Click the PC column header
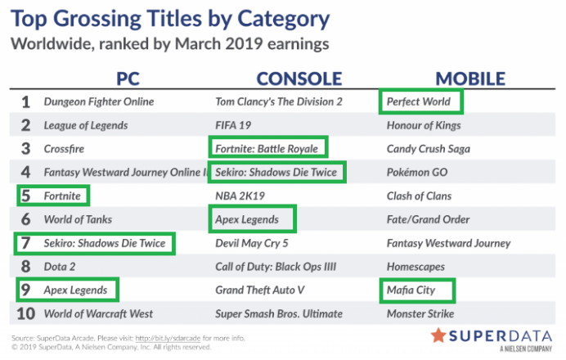(x=128, y=79)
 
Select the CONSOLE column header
(x=299, y=79)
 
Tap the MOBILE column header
(x=470, y=79)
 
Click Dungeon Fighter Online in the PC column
(x=99, y=101)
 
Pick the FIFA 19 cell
(x=233, y=125)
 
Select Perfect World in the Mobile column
(x=419, y=101)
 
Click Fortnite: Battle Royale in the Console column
(x=267, y=149)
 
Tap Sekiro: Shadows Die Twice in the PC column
(x=105, y=243)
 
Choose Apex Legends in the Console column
(x=247, y=219)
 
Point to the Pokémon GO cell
(x=417, y=173)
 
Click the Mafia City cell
(x=411, y=290)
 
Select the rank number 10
(x=26, y=314)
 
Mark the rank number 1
(x=25, y=102)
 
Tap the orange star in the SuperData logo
(x=438, y=335)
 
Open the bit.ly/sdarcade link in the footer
(x=168, y=339)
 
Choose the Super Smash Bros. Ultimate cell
(x=279, y=314)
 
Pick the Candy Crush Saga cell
(x=429, y=149)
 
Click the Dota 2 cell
(x=60, y=267)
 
